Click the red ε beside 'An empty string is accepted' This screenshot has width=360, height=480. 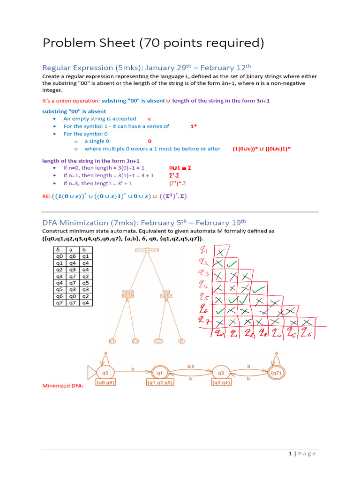click(x=150, y=119)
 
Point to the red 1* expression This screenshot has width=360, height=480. click(x=193, y=127)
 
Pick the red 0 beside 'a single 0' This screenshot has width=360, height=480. click(x=150, y=141)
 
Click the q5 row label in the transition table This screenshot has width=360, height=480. click(x=59, y=290)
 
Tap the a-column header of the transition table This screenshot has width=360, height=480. click(x=72, y=250)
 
